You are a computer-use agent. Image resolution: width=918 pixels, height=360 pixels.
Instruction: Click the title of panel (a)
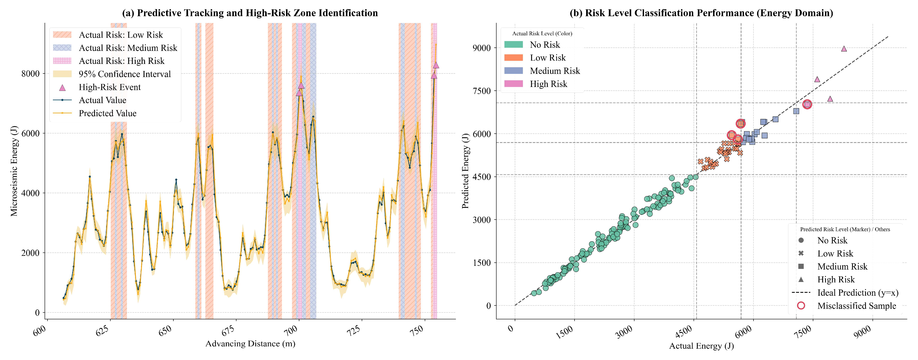click(x=250, y=13)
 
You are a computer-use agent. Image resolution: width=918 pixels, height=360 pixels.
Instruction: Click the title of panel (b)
click(x=701, y=13)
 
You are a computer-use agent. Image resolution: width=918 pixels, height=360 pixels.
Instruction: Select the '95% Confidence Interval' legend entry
click(x=112, y=74)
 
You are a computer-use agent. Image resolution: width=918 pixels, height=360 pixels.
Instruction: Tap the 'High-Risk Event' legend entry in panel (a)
click(x=97, y=87)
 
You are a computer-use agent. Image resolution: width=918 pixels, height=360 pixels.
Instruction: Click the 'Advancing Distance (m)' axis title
click(x=250, y=344)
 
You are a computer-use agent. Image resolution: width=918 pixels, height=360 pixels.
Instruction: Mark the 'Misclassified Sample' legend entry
click(x=846, y=306)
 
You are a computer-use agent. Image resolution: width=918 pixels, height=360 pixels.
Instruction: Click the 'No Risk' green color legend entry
click(x=532, y=45)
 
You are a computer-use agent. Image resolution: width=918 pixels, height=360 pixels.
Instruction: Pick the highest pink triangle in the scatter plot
click(x=844, y=49)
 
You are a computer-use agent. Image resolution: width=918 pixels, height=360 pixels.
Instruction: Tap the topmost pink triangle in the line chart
click(x=436, y=65)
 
